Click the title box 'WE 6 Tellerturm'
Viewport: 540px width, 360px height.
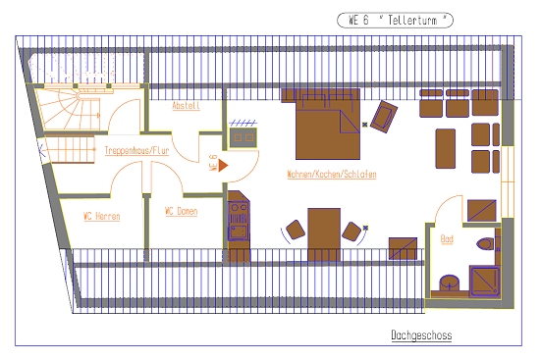(x=395, y=20)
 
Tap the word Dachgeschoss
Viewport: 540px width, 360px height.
(x=421, y=334)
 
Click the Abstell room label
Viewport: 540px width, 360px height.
(x=186, y=105)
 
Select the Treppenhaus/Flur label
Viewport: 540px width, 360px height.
(x=136, y=150)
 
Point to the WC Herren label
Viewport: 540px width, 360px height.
(x=101, y=216)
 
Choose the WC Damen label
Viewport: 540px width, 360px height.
(x=182, y=211)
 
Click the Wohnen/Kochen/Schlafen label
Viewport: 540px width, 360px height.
(x=332, y=174)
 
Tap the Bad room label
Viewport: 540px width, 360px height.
(x=447, y=238)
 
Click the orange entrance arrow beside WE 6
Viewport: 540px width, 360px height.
(x=223, y=165)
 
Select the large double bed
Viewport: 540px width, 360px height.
(x=328, y=125)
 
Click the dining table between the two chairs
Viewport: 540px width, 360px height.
(x=324, y=234)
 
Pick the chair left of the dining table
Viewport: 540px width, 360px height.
(x=296, y=230)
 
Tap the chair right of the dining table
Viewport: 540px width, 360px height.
(x=351, y=231)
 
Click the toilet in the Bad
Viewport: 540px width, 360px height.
(x=485, y=243)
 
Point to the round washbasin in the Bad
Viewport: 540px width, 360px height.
(x=449, y=283)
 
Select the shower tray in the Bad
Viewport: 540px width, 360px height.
(x=485, y=282)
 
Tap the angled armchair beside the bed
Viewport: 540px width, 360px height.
(x=384, y=117)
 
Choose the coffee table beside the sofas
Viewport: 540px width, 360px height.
(x=446, y=149)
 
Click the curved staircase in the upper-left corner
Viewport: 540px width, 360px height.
(x=69, y=109)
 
